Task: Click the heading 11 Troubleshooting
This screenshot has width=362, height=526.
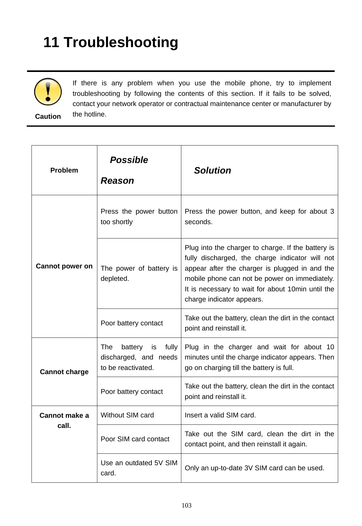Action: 110,42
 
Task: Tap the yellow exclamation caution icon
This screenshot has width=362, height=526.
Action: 48,92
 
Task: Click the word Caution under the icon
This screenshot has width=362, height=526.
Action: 48,117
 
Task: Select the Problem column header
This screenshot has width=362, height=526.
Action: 64,170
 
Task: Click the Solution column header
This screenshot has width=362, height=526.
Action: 212,171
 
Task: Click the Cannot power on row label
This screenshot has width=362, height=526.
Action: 64,266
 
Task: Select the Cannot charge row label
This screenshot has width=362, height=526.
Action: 64,372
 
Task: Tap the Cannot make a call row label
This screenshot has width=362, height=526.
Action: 64,420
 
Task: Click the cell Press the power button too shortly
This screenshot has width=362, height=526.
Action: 139,217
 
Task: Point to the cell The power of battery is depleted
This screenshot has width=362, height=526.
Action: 139,273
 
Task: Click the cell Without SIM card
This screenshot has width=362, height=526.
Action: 127,415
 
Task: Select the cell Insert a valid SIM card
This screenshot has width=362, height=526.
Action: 220,415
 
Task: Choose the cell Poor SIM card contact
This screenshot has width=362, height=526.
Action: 135,439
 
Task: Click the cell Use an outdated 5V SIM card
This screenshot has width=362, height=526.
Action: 139,468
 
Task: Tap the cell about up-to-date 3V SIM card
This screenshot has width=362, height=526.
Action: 254,468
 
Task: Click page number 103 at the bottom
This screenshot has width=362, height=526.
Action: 187,506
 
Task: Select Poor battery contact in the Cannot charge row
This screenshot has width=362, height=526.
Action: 132,392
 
